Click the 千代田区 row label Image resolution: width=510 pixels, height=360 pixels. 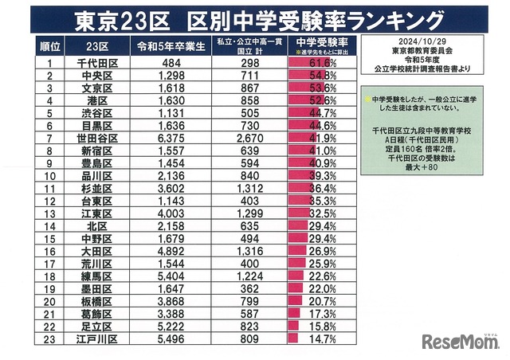pos(97,62)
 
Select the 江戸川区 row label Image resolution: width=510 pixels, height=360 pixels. pos(97,339)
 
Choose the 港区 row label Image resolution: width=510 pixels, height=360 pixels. pos(97,100)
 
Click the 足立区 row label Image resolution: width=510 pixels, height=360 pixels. pos(97,327)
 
